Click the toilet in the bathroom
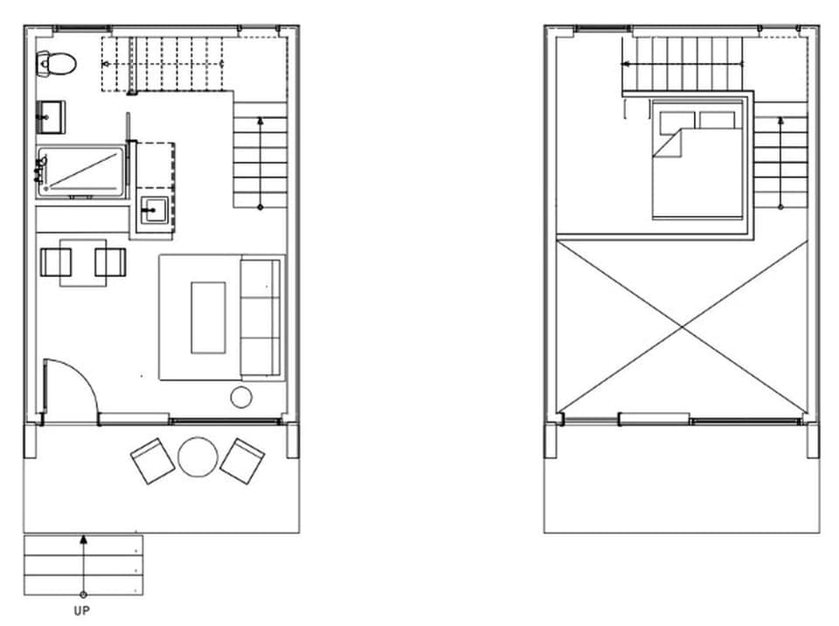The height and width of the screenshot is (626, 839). pos(57,62)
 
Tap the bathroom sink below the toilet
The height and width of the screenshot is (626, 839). pos(50,114)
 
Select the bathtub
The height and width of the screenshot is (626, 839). pos(80,169)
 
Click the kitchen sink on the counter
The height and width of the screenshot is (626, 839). pos(156,211)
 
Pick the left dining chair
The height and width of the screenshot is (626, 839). pos(57,261)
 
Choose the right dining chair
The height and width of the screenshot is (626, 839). pos(111,261)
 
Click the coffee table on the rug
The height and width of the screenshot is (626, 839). pos(208,317)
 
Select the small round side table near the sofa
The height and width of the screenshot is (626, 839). pos(241,398)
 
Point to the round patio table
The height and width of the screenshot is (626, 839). pos(198,456)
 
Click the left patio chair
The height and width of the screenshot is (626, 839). pos(153,461)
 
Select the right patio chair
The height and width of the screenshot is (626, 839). pos(242,461)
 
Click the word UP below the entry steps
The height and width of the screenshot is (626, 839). pos(82,611)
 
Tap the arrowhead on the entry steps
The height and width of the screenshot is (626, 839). pos(83,539)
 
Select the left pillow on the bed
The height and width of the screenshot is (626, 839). pos(677,120)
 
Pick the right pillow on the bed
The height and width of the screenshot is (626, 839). pos(718,120)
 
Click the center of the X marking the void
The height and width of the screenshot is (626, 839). pos(682,327)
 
